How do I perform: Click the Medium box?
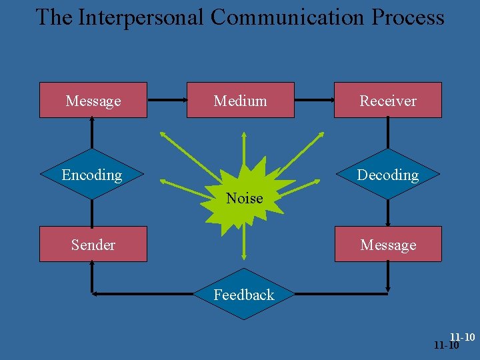pyautogui.click(x=240, y=100)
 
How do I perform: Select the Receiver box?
pyautogui.click(x=387, y=100)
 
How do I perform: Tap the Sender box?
pyautogui.click(x=93, y=244)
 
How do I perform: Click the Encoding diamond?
pyautogui.click(x=93, y=175)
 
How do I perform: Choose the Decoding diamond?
pyautogui.click(x=387, y=175)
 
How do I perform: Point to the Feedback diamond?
pyautogui.click(x=243, y=294)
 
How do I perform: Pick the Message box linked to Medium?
pyautogui.click(x=93, y=100)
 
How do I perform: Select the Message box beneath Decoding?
pyautogui.click(x=387, y=244)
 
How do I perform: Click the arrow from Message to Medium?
pyautogui.click(x=167, y=101)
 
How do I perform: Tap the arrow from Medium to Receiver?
pyautogui.click(x=314, y=101)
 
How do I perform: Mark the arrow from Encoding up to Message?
pyautogui.click(x=93, y=133)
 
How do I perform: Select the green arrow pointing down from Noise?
pyautogui.click(x=244, y=240)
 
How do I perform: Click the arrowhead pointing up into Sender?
pyautogui.click(x=93, y=267)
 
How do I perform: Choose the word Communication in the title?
pyautogui.click(x=283, y=17)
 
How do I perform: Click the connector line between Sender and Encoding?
pyautogui.click(x=93, y=213)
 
